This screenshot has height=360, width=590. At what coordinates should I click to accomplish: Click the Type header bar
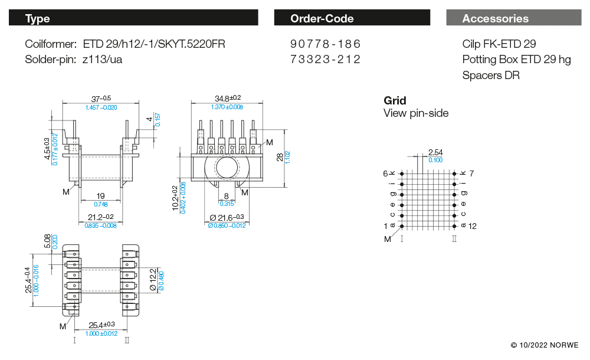[x=133, y=18]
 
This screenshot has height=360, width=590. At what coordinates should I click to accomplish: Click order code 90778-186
[x=325, y=44]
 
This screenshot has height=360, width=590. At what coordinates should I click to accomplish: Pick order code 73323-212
[x=325, y=59]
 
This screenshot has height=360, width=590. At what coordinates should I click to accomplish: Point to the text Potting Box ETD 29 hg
[x=516, y=60]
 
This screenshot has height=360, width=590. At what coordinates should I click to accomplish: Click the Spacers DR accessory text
[x=491, y=76]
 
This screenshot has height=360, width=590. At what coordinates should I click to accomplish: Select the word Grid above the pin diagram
[x=395, y=100]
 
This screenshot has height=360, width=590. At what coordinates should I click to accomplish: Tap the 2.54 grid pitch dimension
[x=435, y=152]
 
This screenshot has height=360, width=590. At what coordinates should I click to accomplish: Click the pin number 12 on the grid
[x=472, y=227]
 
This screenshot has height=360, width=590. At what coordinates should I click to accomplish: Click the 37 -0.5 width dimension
[x=101, y=99]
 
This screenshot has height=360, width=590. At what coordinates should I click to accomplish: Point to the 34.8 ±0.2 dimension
[x=228, y=98]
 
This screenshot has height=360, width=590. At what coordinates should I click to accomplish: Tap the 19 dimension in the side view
[x=101, y=196]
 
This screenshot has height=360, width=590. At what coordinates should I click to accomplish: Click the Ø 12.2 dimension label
[x=152, y=279]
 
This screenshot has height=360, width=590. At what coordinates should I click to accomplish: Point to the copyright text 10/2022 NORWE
[x=545, y=345]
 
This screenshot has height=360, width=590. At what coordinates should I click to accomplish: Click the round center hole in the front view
[x=227, y=169]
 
